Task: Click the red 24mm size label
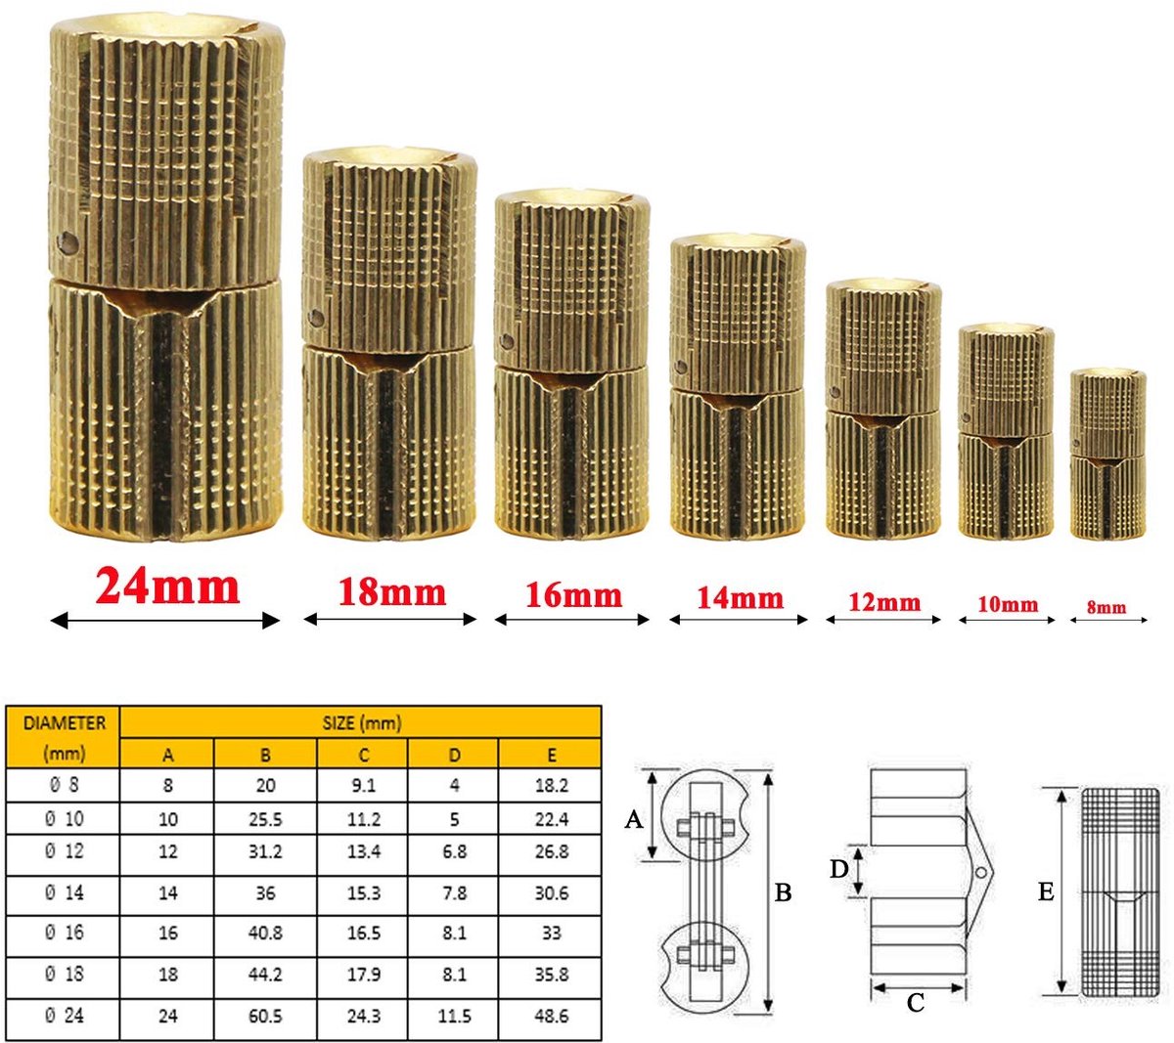tap(167, 587)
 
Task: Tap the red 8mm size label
tap(1106, 607)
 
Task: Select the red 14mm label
tap(740, 598)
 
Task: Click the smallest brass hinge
tap(1107, 454)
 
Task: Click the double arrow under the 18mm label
tap(389, 620)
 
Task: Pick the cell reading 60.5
tap(265, 1016)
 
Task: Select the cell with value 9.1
tap(363, 785)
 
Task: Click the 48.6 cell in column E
tap(551, 1016)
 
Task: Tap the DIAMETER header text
tap(64, 723)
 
